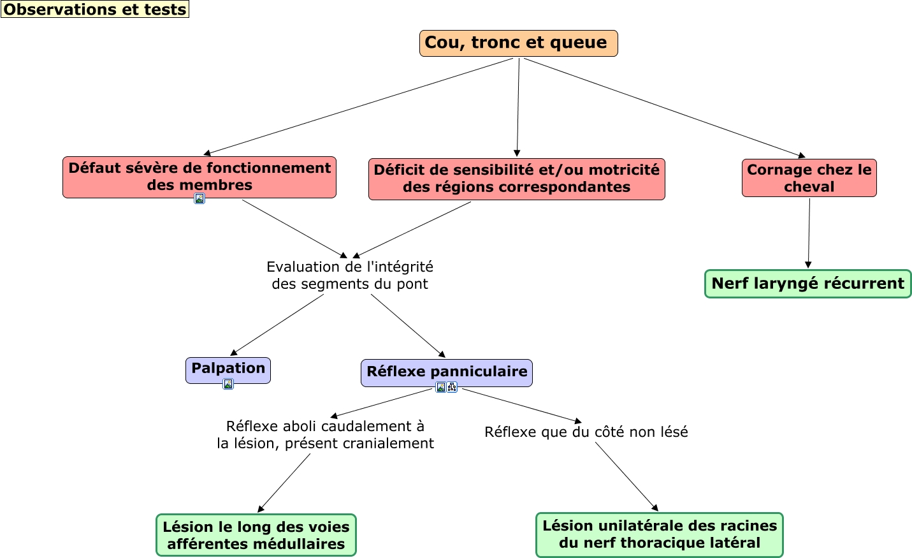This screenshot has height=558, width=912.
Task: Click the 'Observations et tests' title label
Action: coord(95,10)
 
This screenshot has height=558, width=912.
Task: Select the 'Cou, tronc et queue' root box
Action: coord(518,43)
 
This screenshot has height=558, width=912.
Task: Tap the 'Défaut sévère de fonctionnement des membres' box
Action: coord(199,177)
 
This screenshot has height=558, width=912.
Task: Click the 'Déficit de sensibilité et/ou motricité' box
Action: coord(516,179)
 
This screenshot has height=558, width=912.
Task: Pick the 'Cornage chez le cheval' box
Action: coord(809,178)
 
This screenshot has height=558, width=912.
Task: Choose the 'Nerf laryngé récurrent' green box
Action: coord(807,284)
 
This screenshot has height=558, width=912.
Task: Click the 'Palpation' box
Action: coord(228,369)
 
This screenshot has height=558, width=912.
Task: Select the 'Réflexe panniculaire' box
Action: coord(446,372)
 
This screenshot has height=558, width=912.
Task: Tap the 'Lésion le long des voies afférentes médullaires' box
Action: coord(256,535)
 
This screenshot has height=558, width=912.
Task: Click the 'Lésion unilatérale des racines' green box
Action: coord(659,534)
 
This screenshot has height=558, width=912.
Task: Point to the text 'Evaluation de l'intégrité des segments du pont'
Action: coord(350,275)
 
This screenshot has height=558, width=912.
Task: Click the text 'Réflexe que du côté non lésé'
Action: coord(586,432)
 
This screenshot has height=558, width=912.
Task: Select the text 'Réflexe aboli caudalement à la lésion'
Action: coord(325,435)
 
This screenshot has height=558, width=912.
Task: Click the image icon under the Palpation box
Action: coord(228,384)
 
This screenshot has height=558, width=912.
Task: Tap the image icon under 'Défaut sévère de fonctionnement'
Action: coord(199,198)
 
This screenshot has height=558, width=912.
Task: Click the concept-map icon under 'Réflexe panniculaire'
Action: coord(452,387)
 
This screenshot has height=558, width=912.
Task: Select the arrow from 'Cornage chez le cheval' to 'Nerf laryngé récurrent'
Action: coord(809,233)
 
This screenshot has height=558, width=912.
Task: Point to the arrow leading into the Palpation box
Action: coord(277,325)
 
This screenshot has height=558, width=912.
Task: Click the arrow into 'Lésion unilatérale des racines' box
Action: coord(626,476)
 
